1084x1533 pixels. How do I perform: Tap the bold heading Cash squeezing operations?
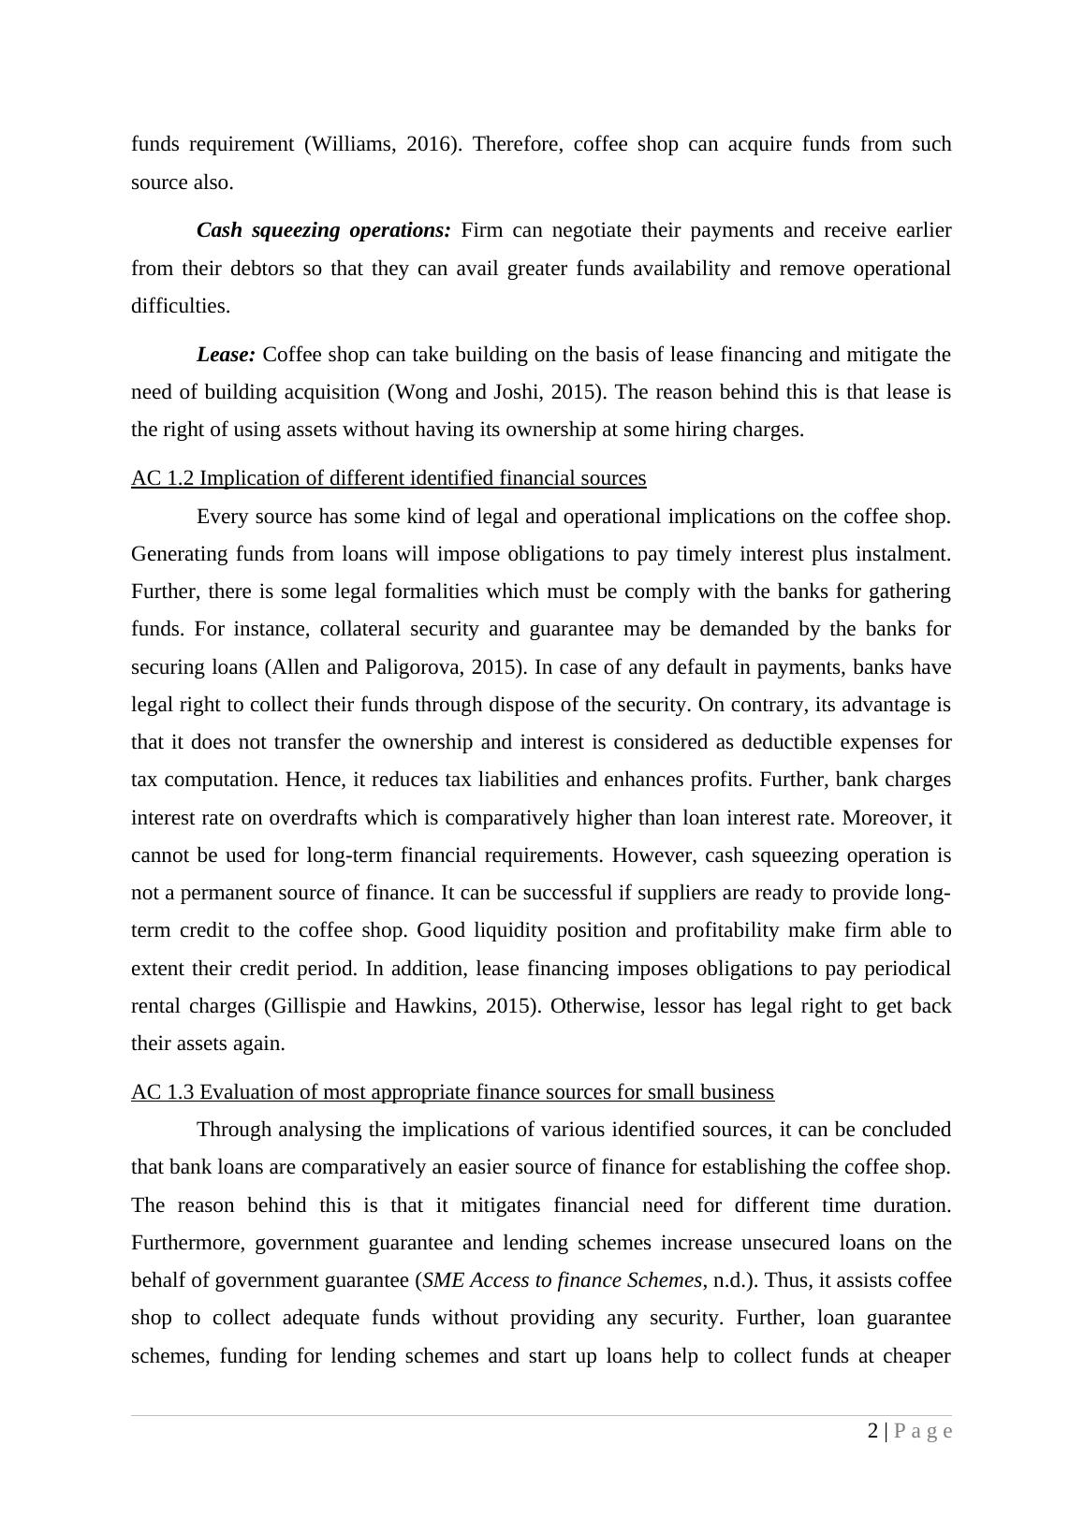point(324,230)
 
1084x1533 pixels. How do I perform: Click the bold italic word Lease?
point(226,355)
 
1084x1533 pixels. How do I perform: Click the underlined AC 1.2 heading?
point(388,478)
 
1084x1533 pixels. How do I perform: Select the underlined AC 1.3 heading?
point(452,1092)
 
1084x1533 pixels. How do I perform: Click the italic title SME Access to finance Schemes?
point(562,1280)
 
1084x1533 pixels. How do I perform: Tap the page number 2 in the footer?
point(873,1431)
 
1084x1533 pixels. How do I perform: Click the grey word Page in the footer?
point(924,1431)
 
